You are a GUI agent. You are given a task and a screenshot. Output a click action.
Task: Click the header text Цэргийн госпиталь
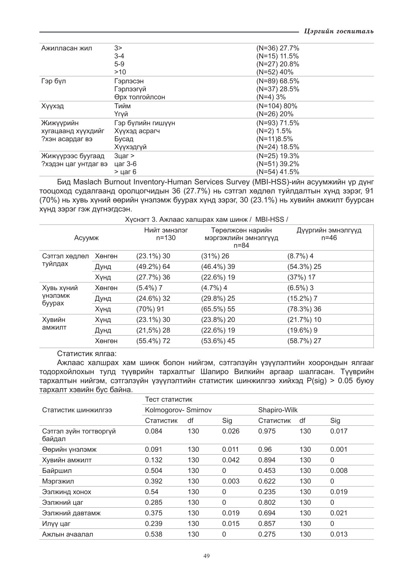pos(338,32)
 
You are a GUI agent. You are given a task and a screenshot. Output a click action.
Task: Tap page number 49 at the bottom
pos(206,556)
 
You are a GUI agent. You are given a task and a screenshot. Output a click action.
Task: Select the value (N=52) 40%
pos(275,72)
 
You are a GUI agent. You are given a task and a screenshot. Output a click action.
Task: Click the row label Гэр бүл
pos(53,81)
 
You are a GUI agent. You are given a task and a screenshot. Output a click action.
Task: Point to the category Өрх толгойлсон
pos(140,97)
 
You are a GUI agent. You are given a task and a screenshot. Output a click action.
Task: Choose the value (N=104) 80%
pos(277,106)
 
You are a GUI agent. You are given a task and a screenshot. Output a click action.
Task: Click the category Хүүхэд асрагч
pos(137,131)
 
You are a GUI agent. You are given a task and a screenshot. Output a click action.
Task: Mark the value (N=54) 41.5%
pos(278,172)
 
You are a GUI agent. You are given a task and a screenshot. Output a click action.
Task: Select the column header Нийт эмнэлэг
pos(166,230)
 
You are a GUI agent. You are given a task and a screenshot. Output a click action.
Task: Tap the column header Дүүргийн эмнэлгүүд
pos(329,230)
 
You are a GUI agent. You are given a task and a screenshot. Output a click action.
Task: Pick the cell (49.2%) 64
pos(153,267)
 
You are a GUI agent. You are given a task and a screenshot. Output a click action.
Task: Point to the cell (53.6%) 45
pos(218,341)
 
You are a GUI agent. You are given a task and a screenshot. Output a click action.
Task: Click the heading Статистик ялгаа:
pos(87,354)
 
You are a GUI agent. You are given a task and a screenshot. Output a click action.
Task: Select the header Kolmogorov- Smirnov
pos(178,410)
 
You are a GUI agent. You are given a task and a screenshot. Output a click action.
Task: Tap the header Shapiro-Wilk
pos(278,410)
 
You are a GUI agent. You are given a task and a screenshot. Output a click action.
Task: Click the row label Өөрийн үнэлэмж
pos(69,450)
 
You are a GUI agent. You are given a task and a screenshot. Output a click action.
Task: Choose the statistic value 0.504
pos(153,471)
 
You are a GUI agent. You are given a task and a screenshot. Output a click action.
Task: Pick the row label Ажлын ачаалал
pos(68,534)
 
